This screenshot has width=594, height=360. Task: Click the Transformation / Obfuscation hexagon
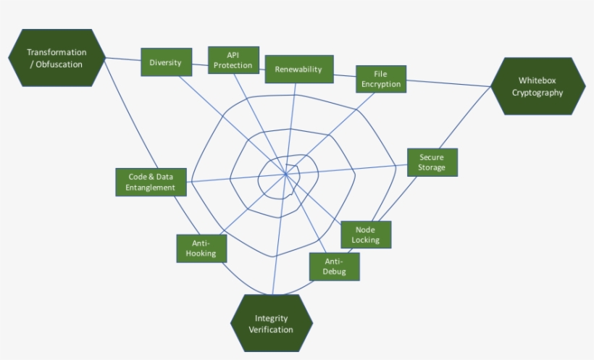(57, 58)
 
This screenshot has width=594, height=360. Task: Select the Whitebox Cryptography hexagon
(537, 86)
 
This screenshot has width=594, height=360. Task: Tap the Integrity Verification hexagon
(272, 324)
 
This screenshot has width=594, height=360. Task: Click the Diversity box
(166, 62)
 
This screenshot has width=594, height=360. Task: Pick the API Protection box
(233, 60)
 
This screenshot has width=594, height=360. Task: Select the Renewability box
(298, 70)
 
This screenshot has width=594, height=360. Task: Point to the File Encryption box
(380, 79)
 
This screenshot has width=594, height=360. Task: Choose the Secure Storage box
(432, 162)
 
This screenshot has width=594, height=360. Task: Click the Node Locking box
(366, 234)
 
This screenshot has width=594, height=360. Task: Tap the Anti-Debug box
(334, 267)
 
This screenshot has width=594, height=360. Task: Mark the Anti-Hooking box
(201, 248)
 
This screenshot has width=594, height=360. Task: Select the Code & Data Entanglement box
(151, 182)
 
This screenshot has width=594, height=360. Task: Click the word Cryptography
(537, 93)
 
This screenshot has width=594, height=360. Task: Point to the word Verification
(272, 330)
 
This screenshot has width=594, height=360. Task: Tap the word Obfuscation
(62, 64)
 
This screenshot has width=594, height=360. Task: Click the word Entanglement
(151, 188)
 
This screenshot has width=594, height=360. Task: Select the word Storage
(432, 167)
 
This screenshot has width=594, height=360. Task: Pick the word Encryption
(380, 84)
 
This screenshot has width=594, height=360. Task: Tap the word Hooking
(201, 254)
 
